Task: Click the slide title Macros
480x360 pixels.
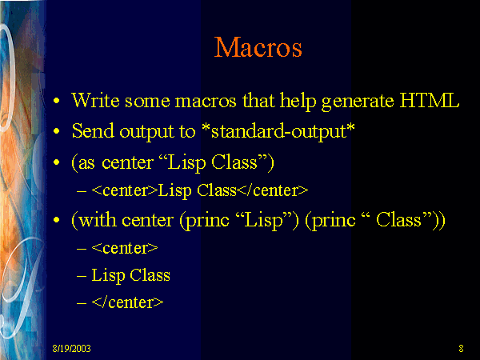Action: (x=258, y=47)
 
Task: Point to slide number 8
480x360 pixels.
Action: (x=462, y=348)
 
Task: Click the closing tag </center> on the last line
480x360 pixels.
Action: (x=128, y=302)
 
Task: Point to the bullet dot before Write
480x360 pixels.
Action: (x=56, y=103)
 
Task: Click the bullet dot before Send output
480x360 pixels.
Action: (x=56, y=132)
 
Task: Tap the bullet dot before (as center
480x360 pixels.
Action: (x=56, y=162)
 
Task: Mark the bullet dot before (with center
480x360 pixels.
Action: (x=56, y=221)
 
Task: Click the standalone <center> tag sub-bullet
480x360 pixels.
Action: (x=124, y=248)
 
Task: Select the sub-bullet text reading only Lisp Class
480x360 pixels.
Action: (x=130, y=275)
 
